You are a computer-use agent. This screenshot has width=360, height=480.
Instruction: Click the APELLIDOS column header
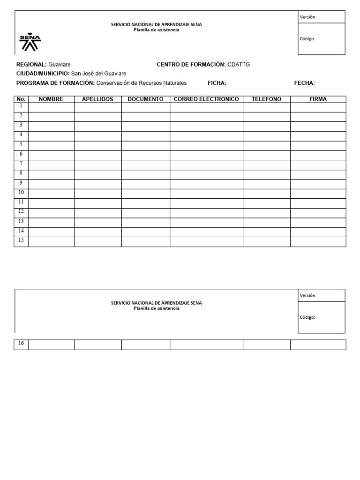(x=97, y=99)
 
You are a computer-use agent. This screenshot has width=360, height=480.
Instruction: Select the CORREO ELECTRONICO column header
(x=206, y=99)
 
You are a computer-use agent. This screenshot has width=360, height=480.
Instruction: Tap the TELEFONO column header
(x=266, y=99)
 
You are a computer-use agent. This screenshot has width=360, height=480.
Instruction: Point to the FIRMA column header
(x=318, y=99)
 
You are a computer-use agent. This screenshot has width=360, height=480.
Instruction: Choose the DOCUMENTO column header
(x=145, y=99)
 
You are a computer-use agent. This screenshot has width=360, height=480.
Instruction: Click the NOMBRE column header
(x=51, y=99)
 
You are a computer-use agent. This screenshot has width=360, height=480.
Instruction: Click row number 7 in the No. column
(x=21, y=163)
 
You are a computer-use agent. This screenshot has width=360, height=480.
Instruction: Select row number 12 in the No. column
(x=21, y=211)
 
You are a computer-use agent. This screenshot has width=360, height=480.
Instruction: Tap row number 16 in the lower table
(x=21, y=344)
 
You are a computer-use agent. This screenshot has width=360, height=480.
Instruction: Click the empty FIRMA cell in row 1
(x=318, y=107)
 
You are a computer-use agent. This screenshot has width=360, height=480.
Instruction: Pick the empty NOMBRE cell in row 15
(x=51, y=241)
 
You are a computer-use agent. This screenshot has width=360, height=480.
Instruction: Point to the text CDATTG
(x=239, y=64)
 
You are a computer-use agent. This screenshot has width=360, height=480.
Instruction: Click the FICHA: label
(x=217, y=83)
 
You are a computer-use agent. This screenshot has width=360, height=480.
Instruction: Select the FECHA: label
(x=304, y=83)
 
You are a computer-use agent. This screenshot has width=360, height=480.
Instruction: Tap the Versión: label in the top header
(x=308, y=17)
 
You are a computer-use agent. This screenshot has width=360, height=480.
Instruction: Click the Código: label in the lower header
(x=307, y=317)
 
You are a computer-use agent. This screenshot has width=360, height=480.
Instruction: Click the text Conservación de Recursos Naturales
(x=142, y=83)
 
